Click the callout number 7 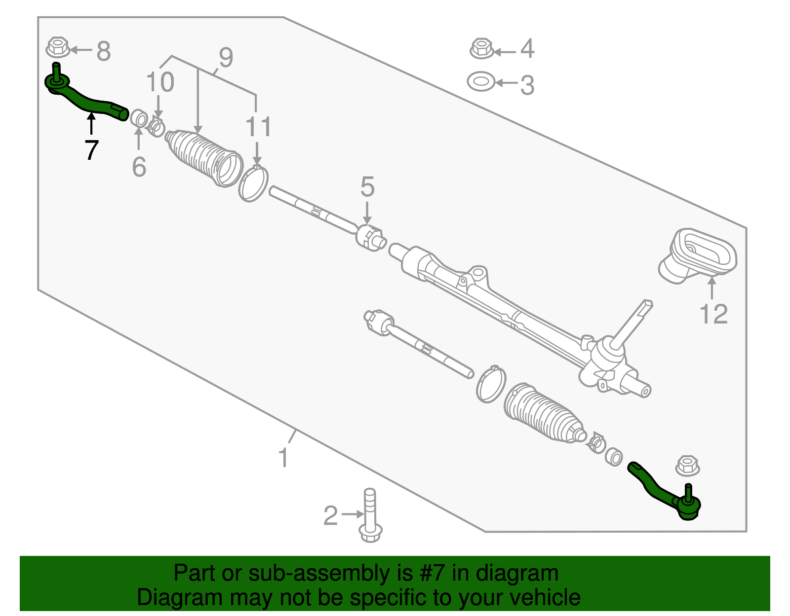coord(91,150)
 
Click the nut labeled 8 coord(58,48)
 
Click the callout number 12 coord(713,314)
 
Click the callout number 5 coord(367,187)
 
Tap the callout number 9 coord(226,58)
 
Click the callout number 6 coord(139,167)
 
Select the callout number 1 coord(283,458)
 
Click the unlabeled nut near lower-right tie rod coord(687,465)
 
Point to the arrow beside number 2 coord(352,514)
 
